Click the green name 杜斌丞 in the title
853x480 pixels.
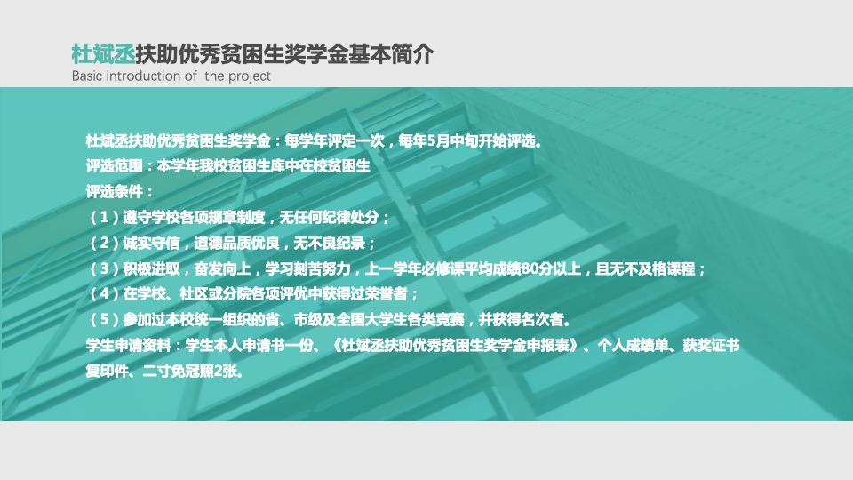[x=103, y=54]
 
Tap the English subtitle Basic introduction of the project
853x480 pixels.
[x=171, y=76]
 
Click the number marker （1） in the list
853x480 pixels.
[x=104, y=218]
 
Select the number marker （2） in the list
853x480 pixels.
[x=104, y=243]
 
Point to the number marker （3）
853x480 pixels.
[x=104, y=268]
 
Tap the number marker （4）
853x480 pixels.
[x=104, y=294]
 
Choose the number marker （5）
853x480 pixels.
[x=104, y=319]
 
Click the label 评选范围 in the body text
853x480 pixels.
[x=115, y=166]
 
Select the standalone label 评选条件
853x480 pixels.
[x=115, y=192]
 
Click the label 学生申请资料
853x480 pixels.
[x=128, y=345]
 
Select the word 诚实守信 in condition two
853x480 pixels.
[x=151, y=243]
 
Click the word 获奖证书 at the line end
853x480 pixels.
[x=711, y=345]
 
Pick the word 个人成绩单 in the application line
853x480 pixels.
[x=634, y=345]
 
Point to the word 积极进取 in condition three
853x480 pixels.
[x=151, y=268]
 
